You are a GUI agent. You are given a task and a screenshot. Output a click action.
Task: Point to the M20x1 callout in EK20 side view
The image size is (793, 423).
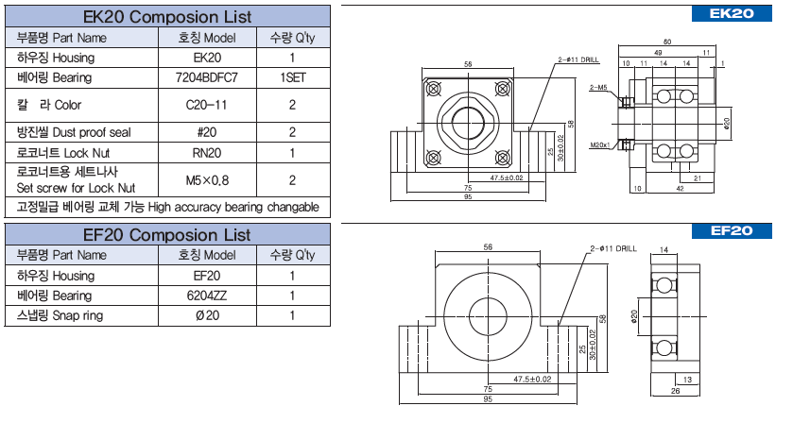click(600, 146)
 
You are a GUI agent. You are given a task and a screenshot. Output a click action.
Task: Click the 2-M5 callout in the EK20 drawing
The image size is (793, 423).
click(597, 87)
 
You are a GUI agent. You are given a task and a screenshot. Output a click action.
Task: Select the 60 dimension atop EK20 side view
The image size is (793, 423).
click(667, 42)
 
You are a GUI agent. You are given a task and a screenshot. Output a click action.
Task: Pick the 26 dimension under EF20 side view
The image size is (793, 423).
click(676, 390)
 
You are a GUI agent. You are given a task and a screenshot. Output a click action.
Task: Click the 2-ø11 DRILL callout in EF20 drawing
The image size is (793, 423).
click(614, 248)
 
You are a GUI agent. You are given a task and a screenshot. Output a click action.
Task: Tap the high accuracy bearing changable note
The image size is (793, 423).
click(167, 207)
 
